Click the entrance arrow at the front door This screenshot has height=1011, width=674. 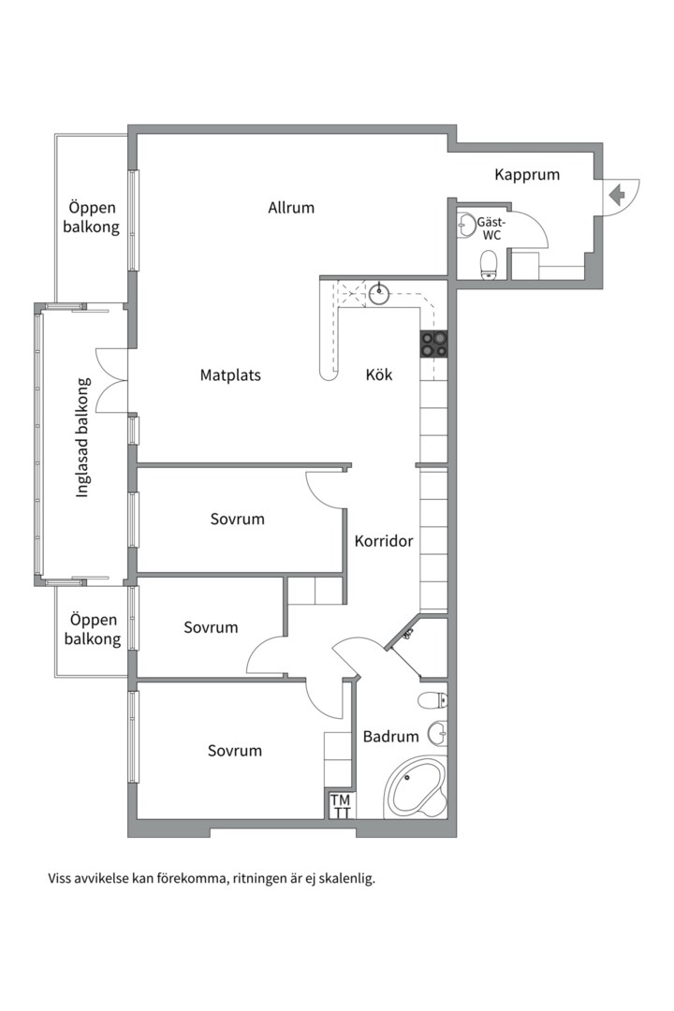pyautogui.click(x=617, y=195)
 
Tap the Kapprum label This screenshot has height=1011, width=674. pyautogui.click(x=527, y=175)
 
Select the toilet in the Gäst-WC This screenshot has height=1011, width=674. pyautogui.click(x=490, y=265)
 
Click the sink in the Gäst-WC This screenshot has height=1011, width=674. pyautogui.click(x=466, y=225)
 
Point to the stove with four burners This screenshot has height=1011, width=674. pyautogui.click(x=433, y=344)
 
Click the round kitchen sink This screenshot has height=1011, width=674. pyautogui.click(x=379, y=293)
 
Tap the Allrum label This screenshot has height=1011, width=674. pyautogui.click(x=291, y=208)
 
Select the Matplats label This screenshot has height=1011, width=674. pyautogui.click(x=230, y=375)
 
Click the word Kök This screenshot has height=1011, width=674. pyautogui.click(x=379, y=374)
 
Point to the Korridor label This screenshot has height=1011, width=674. pyautogui.click(x=384, y=541)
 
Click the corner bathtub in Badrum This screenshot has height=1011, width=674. pyautogui.click(x=416, y=787)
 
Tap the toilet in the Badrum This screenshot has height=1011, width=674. pyautogui.click(x=432, y=699)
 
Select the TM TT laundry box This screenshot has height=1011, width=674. pyautogui.click(x=341, y=806)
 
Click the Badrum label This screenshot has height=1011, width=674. pyautogui.click(x=391, y=737)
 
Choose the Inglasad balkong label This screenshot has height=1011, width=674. pyautogui.click(x=82, y=438)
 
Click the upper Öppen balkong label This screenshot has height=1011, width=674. pyautogui.click(x=92, y=217)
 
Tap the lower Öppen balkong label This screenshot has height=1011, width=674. pyautogui.click(x=93, y=629)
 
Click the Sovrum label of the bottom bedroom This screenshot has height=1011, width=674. pyautogui.click(x=235, y=751)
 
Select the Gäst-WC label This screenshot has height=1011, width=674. pyautogui.click(x=491, y=229)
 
